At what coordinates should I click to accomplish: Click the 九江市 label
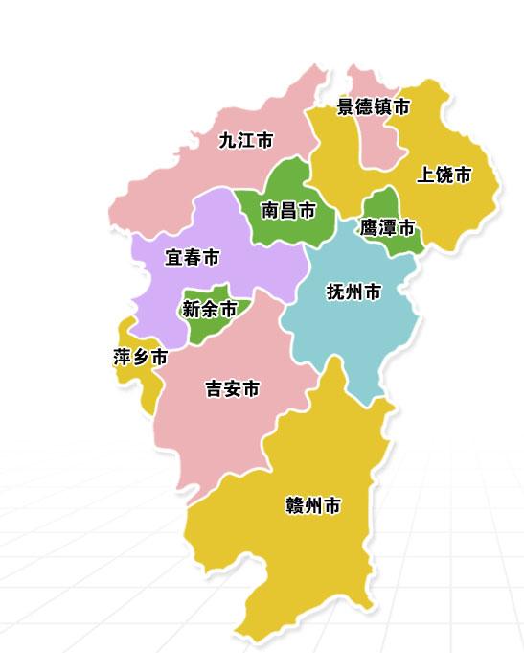tap(246, 141)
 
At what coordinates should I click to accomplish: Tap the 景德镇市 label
tap(374, 107)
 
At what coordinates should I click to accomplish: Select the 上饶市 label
tap(444, 175)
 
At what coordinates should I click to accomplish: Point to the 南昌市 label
tap(288, 211)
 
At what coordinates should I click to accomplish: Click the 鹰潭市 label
tap(388, 228)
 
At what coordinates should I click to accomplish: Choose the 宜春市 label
tap(192, 258)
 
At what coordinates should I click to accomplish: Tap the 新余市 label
tap(209, 310)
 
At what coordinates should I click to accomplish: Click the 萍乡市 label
tap(140, 358)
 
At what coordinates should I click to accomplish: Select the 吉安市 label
tap(233, 389)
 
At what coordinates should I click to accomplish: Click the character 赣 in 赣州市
tap(295, 505)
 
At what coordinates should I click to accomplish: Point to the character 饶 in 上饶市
tap(444, 175)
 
